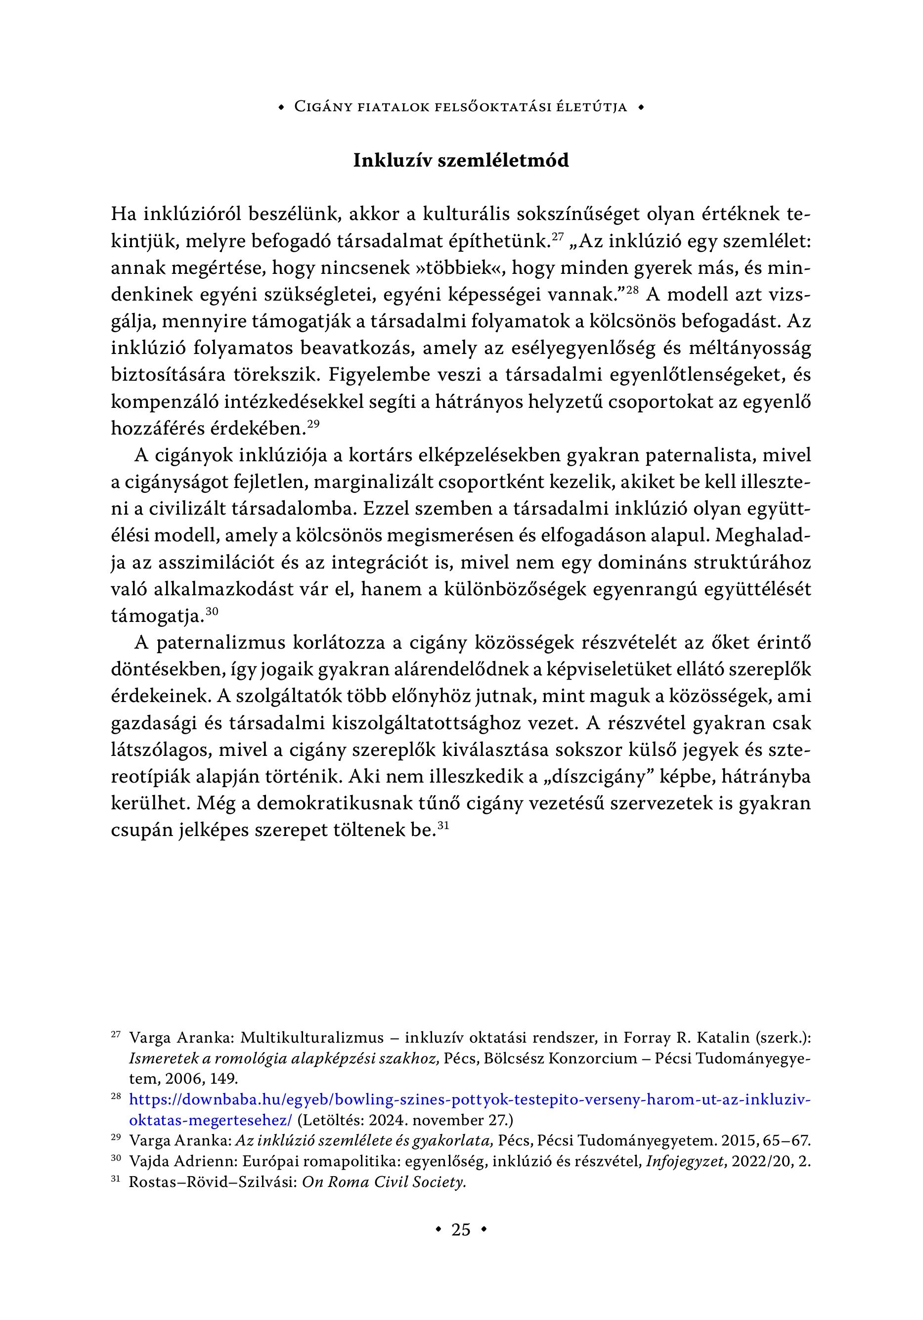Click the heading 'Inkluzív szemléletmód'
[461, 160]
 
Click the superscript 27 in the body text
[557, 236]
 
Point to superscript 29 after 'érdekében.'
[313, 424]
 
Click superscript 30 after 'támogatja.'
[212, 612]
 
